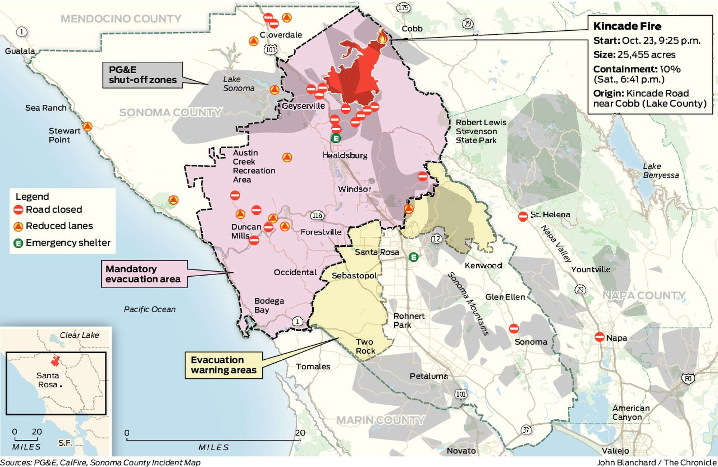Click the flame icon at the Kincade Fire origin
pos(382,36)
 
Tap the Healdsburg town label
pos(345,155)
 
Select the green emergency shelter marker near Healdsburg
pos(336,138)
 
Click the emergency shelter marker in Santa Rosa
pos(413,257)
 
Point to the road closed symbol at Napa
pos(599,337)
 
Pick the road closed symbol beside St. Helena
pos(523,216)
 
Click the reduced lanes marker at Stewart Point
pos(88,126)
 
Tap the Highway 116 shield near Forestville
pos(317,215)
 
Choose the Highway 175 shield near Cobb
pos(403,7)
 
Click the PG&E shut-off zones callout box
pos(142,75)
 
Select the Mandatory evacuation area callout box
pos(144,274)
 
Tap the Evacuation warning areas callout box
pos(223,365)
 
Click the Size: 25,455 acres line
pos(634,55)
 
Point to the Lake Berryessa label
pos(660,170)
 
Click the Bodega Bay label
pos(269,305)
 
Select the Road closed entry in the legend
pos(48,209)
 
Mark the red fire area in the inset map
pos(55,362)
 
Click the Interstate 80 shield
pos(688,378)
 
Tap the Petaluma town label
pos(429,376)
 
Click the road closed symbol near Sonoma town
pos(514,328)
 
